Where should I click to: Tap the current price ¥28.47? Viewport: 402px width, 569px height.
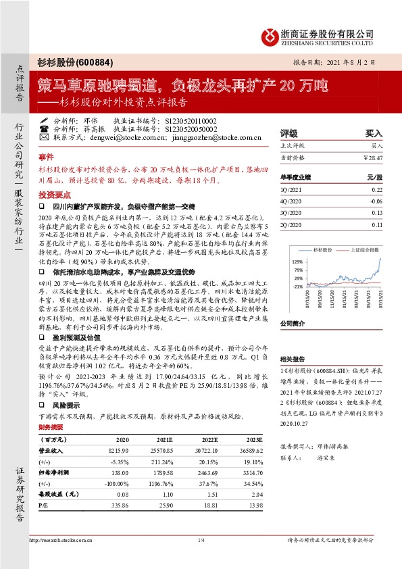[371, 157]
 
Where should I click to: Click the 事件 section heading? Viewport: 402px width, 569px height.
[45, 155]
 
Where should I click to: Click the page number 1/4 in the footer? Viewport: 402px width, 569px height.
[201, 540]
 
